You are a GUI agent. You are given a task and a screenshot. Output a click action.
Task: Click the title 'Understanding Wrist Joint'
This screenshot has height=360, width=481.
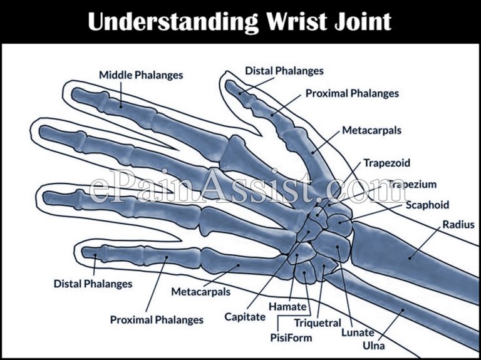pyautogui.click(x=240, y=21)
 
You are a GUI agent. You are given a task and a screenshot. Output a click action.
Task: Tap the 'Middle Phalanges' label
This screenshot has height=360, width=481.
pyautogui.click(x=141, y=75)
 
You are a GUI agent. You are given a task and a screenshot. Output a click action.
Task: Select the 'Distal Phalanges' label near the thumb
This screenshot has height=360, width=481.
pyautogui.click(x=284, y=71)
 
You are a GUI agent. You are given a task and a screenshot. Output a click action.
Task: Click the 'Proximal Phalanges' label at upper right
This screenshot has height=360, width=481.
pyautogui.click(x=352, y=93)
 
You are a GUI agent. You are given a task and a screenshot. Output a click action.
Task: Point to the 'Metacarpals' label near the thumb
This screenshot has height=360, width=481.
pyautogui.click(x=371, y=131)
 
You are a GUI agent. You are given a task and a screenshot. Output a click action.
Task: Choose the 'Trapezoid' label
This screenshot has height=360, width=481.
pyautogui.click(x=386, y=163)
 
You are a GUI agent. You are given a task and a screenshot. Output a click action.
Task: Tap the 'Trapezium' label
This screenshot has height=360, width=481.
pyautogui.click(x=411, y=184)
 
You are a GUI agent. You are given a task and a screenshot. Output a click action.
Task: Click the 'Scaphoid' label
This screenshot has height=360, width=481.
pyautogui.click(x=427, y=205)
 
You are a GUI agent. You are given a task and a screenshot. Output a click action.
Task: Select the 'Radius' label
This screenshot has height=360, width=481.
pyautogui.click(x=458, y=224)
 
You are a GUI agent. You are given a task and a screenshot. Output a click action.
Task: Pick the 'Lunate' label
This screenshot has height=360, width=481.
pyautogui.click(x=357, y=332)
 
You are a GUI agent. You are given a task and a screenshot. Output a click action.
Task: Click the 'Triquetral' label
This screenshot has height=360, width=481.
pyautogui.click(x=318, y=323)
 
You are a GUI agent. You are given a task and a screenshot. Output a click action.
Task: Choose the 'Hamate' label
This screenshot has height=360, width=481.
pyautogui.click(x=287, y=307)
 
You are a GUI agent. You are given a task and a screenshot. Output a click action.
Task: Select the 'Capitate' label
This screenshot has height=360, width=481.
pyautogui.click(x=245, y=317)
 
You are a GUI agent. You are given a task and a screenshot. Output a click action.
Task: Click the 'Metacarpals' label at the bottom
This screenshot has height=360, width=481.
pyautogui.click(x=200, y=292)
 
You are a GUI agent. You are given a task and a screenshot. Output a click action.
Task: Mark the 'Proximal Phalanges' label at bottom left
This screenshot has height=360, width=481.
pyautogui.click(x=157, y=319)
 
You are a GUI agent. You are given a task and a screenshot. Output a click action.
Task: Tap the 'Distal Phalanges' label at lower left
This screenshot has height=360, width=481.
pyautogui.click(x=92, y=284)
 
